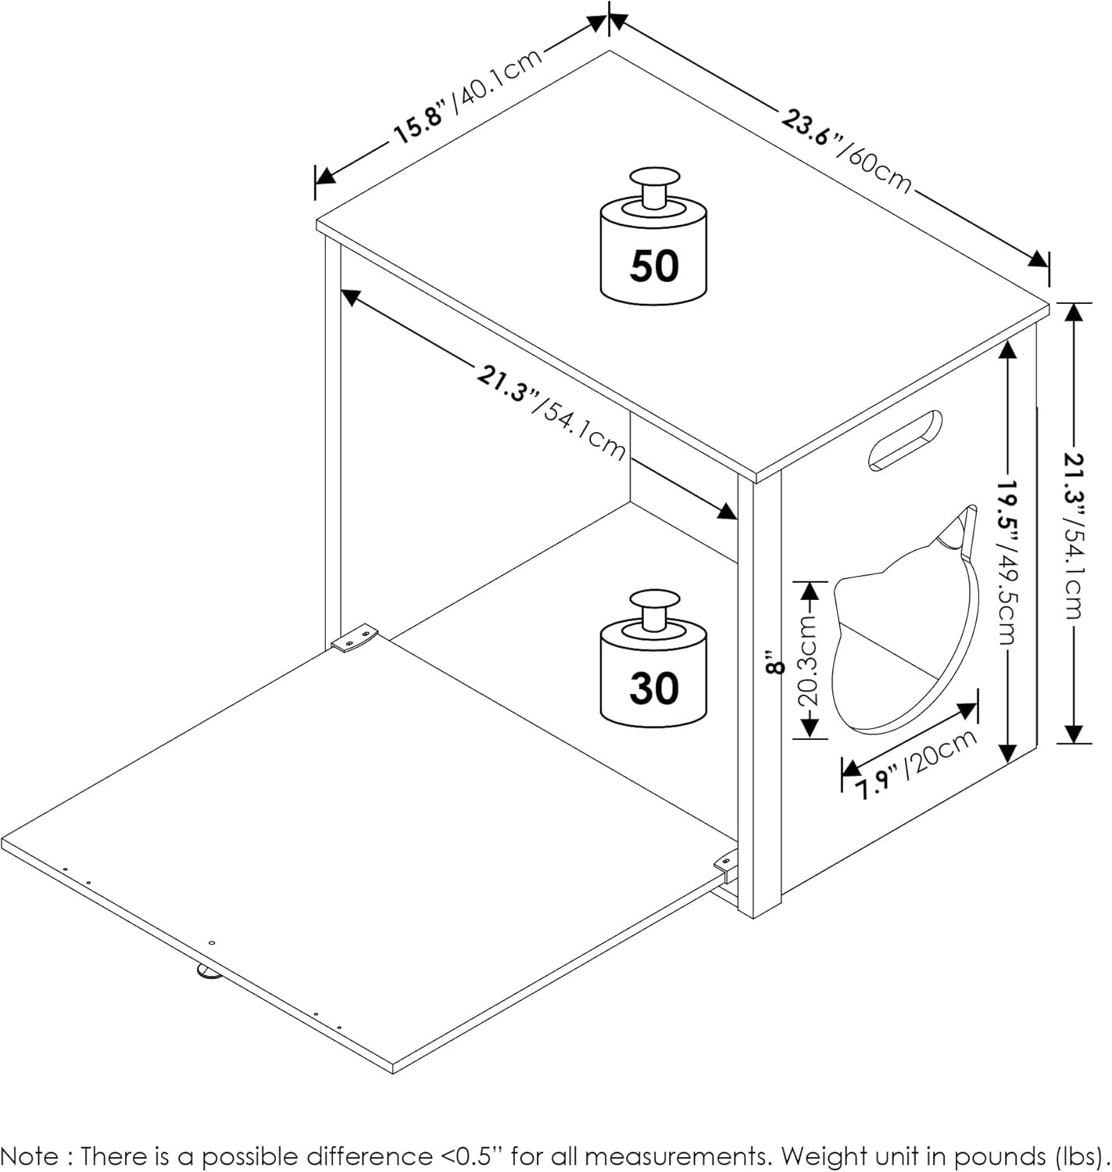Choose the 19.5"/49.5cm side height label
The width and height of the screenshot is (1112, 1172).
click(1009, 562)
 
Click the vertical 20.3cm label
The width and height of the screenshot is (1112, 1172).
click(810, 660)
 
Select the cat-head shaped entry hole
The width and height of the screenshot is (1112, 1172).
click(906, 625)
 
